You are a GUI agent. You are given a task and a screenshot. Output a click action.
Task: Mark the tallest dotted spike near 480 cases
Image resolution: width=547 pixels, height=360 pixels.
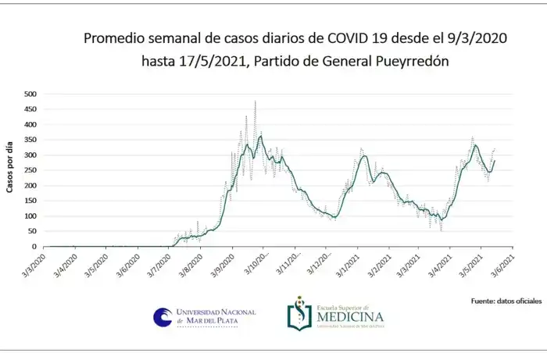[x=256, y=102]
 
